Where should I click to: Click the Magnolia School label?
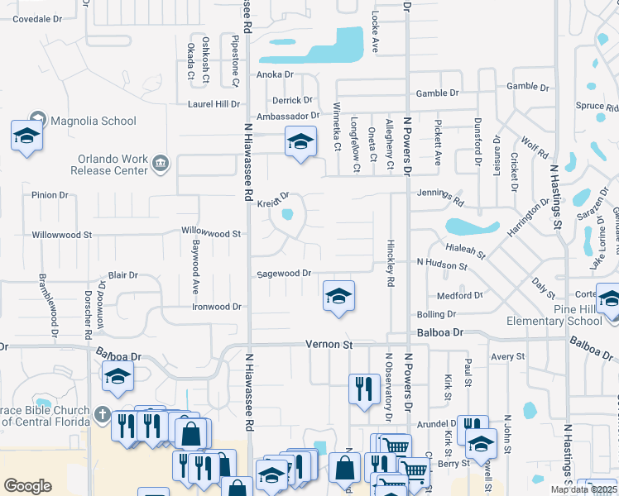click(x=94, y=121)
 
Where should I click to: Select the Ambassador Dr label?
click(x=288, y=117)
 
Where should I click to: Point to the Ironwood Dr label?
click(x=217, y=307)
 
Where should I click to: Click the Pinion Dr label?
click(x=50, y=195)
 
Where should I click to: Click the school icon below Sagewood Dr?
click(x=338, y=295)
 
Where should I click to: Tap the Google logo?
click(x=27, y=486)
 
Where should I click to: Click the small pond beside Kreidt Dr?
click(x=287, y=215)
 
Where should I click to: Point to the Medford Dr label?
click(x=460, y=295)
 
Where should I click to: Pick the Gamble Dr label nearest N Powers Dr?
click(x=438, y=94)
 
